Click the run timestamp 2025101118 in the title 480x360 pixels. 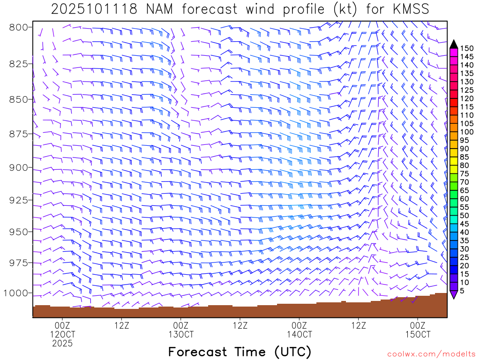[94, 9]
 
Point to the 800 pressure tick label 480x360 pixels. [19, 27]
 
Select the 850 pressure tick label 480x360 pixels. [19, 99]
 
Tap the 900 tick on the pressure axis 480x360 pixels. [19, 168]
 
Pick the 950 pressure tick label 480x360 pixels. [19, 232]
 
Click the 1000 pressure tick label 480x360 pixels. [16, 293]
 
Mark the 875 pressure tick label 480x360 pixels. [19, 135]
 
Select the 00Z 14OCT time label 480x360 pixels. [300, 330]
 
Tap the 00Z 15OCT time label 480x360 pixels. [418, 330]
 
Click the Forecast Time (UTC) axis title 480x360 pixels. [240, 352]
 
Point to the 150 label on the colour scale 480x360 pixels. [466, 48]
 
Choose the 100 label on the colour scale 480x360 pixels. [466, 132]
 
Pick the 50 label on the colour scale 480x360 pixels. [465, 215]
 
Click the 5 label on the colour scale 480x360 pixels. [463, 291]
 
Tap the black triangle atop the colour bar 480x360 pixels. [453, 44]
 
